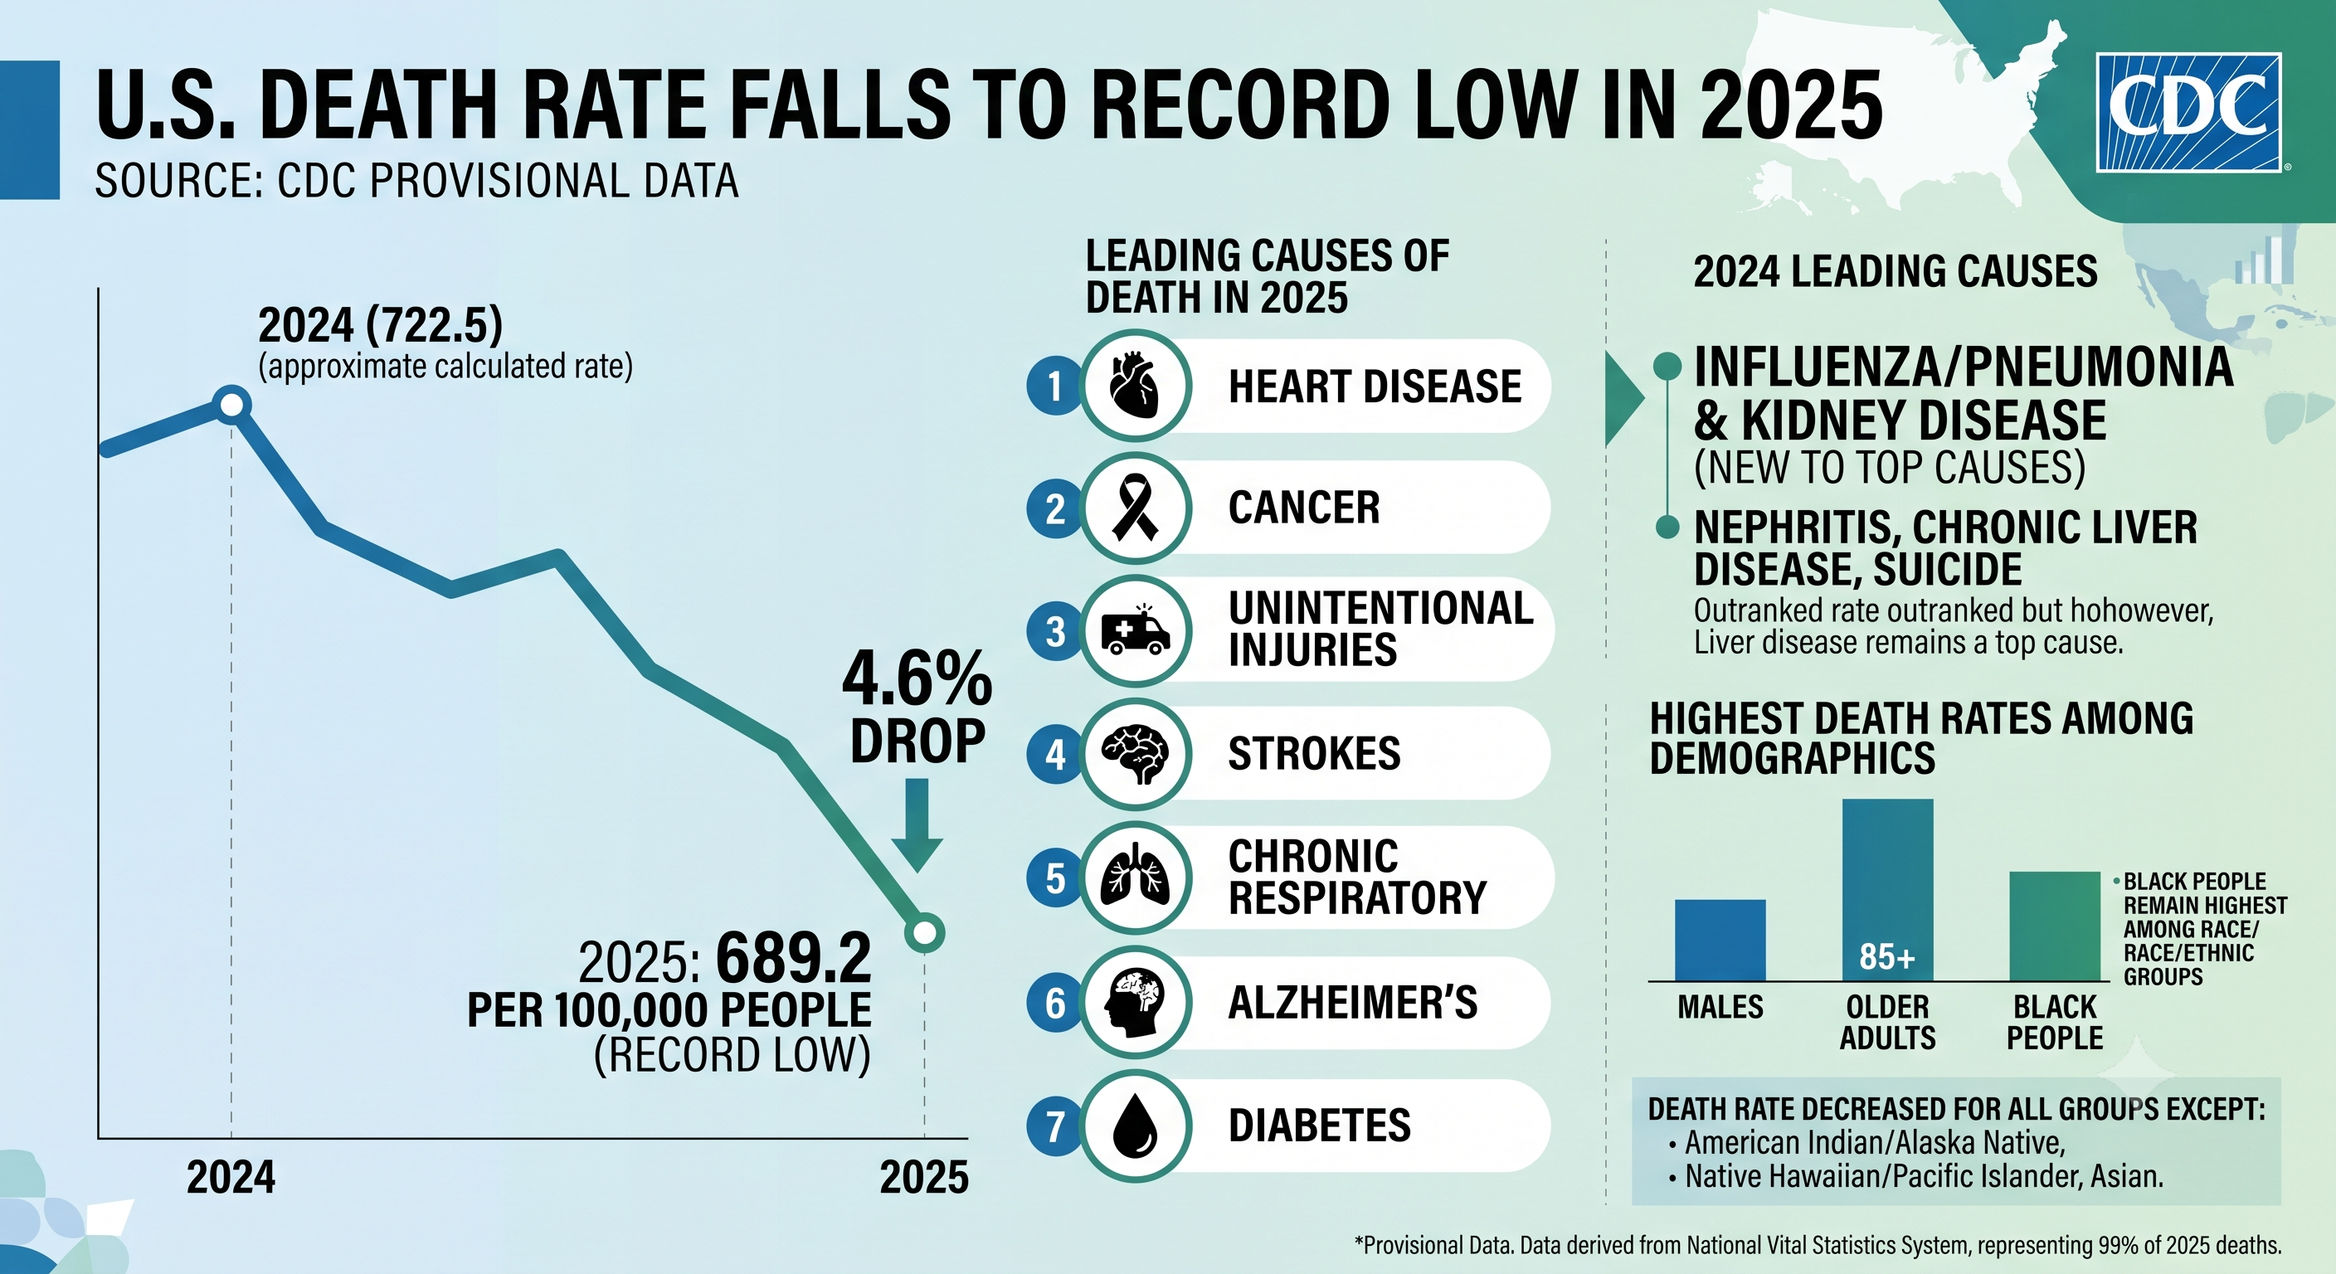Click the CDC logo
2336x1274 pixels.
tap(2188, 113)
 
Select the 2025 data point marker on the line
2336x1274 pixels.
tap(924, 932)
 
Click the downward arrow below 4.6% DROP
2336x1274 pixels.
tap(917, 825)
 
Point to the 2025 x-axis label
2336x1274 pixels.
tap(924, 1178)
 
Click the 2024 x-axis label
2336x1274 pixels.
tap(231, 1178)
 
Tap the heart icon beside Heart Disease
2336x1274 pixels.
tap(1135, 385)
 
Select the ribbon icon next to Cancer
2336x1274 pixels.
tap(1135, 508)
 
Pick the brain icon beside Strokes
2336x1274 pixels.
tap(1135, 753)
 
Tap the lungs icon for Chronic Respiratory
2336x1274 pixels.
tap(1135, 877)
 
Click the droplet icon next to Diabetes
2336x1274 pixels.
tap(1135, 1126)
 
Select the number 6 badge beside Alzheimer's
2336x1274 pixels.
tap(1054, 1003)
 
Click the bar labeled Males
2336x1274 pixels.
tap(1720, 941)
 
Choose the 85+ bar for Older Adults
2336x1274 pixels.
tap(1887, 889)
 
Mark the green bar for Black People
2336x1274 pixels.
tap(2054, 926)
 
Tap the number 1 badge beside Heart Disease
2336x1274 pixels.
tap(1054, 387)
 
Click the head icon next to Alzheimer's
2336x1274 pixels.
tap(1135, 1003)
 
